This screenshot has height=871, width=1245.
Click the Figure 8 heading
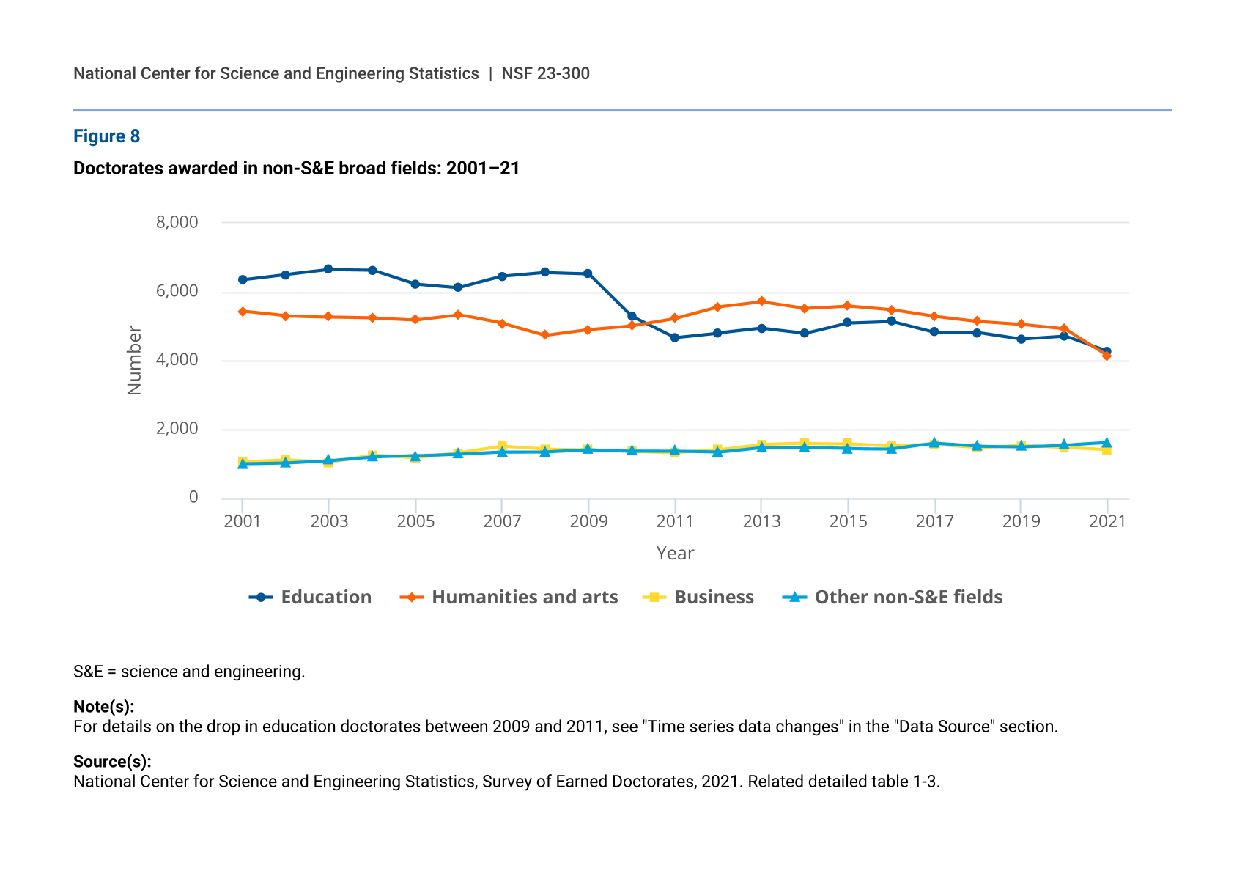[x=106, y=136]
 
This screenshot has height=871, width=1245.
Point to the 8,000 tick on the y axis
[x=177, y=222]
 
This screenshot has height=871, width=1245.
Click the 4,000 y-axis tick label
[x=177, y=360]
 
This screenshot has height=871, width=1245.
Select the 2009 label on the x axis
[x=588, y=521]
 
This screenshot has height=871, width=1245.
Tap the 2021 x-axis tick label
[x=1107, y=521]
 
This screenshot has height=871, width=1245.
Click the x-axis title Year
[x=674, y=554]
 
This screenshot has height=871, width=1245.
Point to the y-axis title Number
[x=134, y=360]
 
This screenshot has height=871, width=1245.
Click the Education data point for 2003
[x=328, y=269]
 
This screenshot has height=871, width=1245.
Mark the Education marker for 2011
[x=674, y=337]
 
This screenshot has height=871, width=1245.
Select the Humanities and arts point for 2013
[x=761, y=301]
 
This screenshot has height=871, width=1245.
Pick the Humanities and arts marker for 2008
[x=544, y=335]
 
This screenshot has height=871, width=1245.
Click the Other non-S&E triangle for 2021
[x=1107, y=443]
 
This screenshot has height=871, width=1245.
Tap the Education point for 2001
[x=243, y=279]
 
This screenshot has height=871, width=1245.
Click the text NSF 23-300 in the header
[x=545, y=74]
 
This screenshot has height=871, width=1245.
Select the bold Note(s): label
[x=103, y=707]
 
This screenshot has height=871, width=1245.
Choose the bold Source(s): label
[x=112, y=762]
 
